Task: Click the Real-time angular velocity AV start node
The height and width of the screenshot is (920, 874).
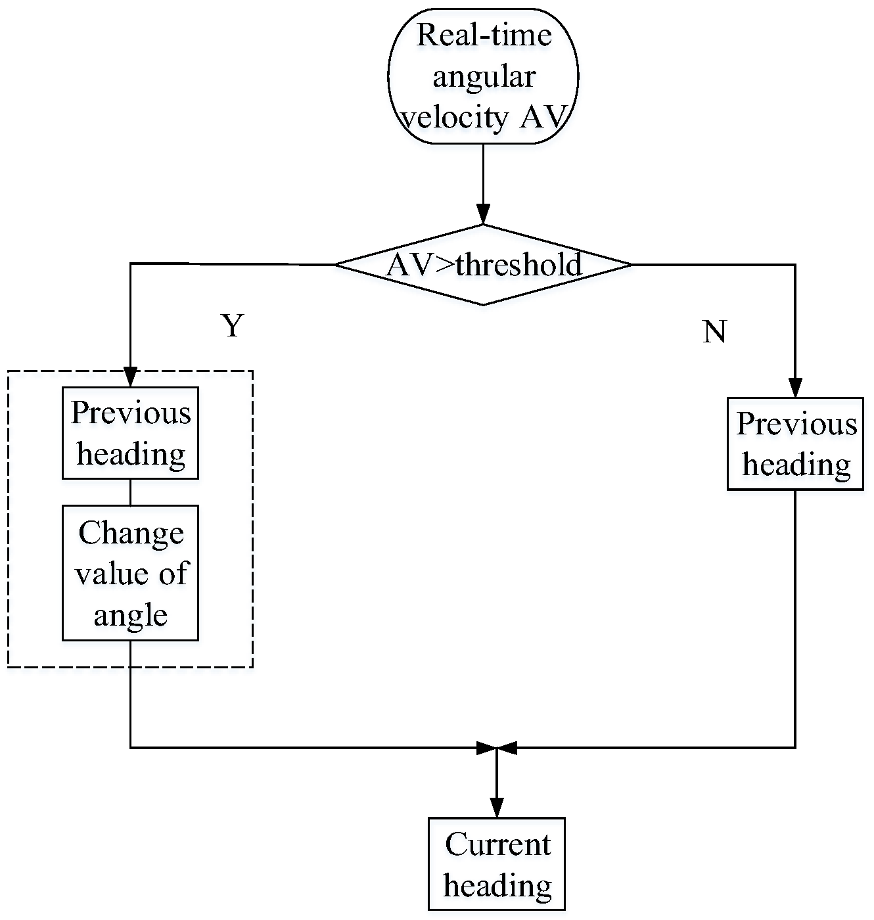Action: pyautogui.click(x=483, y=76)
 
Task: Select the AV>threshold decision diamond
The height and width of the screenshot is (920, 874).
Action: pyautogui.click(x=483, y=265)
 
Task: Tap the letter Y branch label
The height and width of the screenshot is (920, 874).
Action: pyautogui.click(x=233, y=325)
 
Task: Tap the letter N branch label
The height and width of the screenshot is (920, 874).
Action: pyautogui.click(x=714, y=332)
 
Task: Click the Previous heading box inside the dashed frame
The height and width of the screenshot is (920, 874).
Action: pyautogui.click(x=130, y=433)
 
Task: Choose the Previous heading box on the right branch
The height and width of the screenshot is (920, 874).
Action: pyautogui.click(x=795, y=444)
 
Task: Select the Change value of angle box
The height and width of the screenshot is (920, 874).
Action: pyautogui.click(x=130, y=573)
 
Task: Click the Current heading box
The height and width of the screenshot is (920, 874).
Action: pyautogui.click(x=497, y=864)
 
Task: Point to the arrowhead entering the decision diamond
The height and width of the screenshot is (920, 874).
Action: pyautogui.click(x=483, y=215)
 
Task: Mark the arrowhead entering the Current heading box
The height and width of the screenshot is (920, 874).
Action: pyautogui.click(x=497, y=808)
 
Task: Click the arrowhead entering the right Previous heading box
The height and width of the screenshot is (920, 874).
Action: pyautogui.click(x=795, y=388)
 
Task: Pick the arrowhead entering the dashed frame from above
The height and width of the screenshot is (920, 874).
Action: pyautogui.click(x=130, y=377)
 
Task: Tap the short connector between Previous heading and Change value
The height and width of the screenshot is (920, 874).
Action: pyautogui.click(x=130, y=492)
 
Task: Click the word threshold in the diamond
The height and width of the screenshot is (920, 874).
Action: pyautogui.click(x=518, y=265)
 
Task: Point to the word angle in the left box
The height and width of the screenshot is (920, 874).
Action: pyautogui.click(x=130, y=614)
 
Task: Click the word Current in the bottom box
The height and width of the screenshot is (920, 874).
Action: pyautogui.click(x=497, y=844)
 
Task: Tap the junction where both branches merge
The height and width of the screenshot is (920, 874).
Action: pyautogui.click(x=497, y=748)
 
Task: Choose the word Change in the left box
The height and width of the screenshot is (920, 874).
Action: pyautogui.click(x=131, y=532)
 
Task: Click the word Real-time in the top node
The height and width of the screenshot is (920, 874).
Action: pyautogui.click(x=484, y=35)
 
